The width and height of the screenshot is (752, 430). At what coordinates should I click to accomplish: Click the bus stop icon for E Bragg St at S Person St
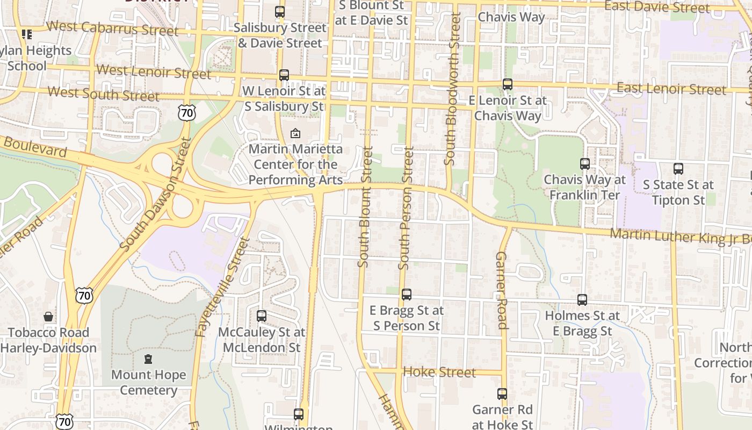tap(407, 295)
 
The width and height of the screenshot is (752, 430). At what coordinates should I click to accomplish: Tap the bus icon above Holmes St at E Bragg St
tap(582, 300)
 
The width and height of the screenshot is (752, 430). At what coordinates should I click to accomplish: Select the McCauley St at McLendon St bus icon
tap(262, 316)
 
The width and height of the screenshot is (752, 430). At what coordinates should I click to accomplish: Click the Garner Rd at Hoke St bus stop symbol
tap(502, 394)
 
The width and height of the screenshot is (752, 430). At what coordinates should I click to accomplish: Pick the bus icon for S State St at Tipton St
tap(678, 169)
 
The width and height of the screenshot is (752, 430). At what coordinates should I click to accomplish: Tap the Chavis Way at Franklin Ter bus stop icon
tap(585, 164)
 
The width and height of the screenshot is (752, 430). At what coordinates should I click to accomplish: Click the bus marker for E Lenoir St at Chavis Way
tap(508, 84)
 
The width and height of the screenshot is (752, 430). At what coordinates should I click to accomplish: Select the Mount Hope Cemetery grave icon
tap(148, 359)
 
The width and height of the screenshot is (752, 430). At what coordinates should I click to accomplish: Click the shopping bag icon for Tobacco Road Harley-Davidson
tap(48, 317)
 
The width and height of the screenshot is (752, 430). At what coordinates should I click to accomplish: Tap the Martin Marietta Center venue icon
tap(295, 133)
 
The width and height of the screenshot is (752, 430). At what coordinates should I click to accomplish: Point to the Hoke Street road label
tap(439, 372)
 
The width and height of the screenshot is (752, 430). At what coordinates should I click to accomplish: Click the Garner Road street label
tap(502, 290)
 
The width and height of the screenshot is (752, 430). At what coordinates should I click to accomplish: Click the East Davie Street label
tap(657, 7)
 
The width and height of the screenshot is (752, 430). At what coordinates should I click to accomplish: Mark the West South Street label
tap(103, 94)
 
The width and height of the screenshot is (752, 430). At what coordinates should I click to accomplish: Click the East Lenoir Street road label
tap(671, 88)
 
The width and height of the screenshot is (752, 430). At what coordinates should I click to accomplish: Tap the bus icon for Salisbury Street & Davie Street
tap(280, 12)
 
